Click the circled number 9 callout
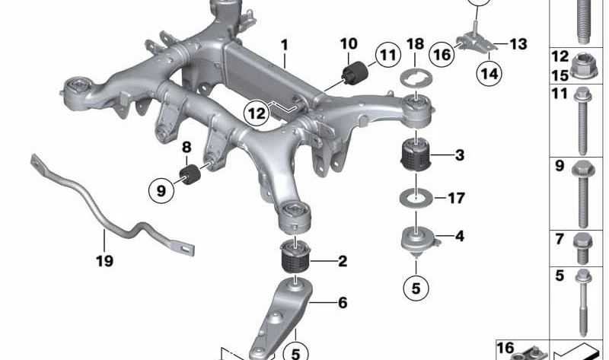point(161,190)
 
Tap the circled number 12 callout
point(257,113)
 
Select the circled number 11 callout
point(387,55)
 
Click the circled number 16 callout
point(442,55)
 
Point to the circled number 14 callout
point(489,73)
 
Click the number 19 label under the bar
point(104,261)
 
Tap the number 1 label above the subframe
point(285,45)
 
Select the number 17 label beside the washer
point(456,198)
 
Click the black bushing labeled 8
point(190,175)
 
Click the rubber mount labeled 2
point(295,257)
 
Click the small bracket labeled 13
point(474,43)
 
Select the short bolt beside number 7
point(582,248)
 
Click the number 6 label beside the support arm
point(343,302)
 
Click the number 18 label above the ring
point(415,44)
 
